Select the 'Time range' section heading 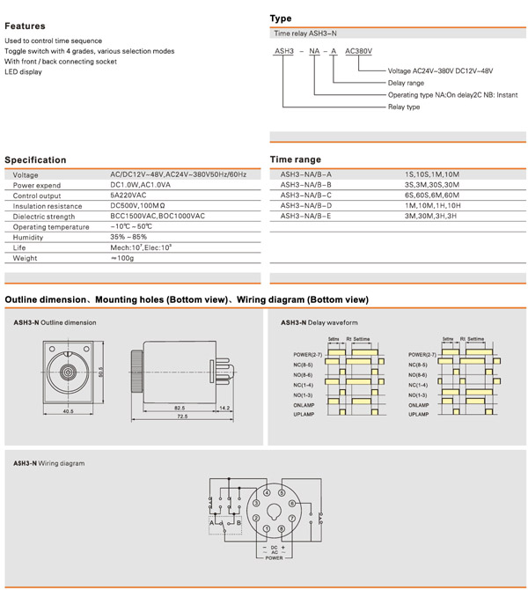[x=295, y=159]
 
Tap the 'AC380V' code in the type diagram [x=359, y=52]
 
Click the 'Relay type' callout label [x=404, y=107]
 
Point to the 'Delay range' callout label [x=406, y=83]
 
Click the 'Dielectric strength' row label [x=44, y=217]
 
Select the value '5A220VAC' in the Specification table [x=128, y=195]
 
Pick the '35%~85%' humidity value [x=128, y=238]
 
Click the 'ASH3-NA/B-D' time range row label [x=306, y=206]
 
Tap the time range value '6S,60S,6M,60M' [x=431, y=195]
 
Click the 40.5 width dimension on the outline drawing [x=68, y=411]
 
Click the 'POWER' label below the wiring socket [x=274, y=558]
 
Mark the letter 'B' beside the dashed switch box [x=239, y=523]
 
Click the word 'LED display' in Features [x=23, y=72]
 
